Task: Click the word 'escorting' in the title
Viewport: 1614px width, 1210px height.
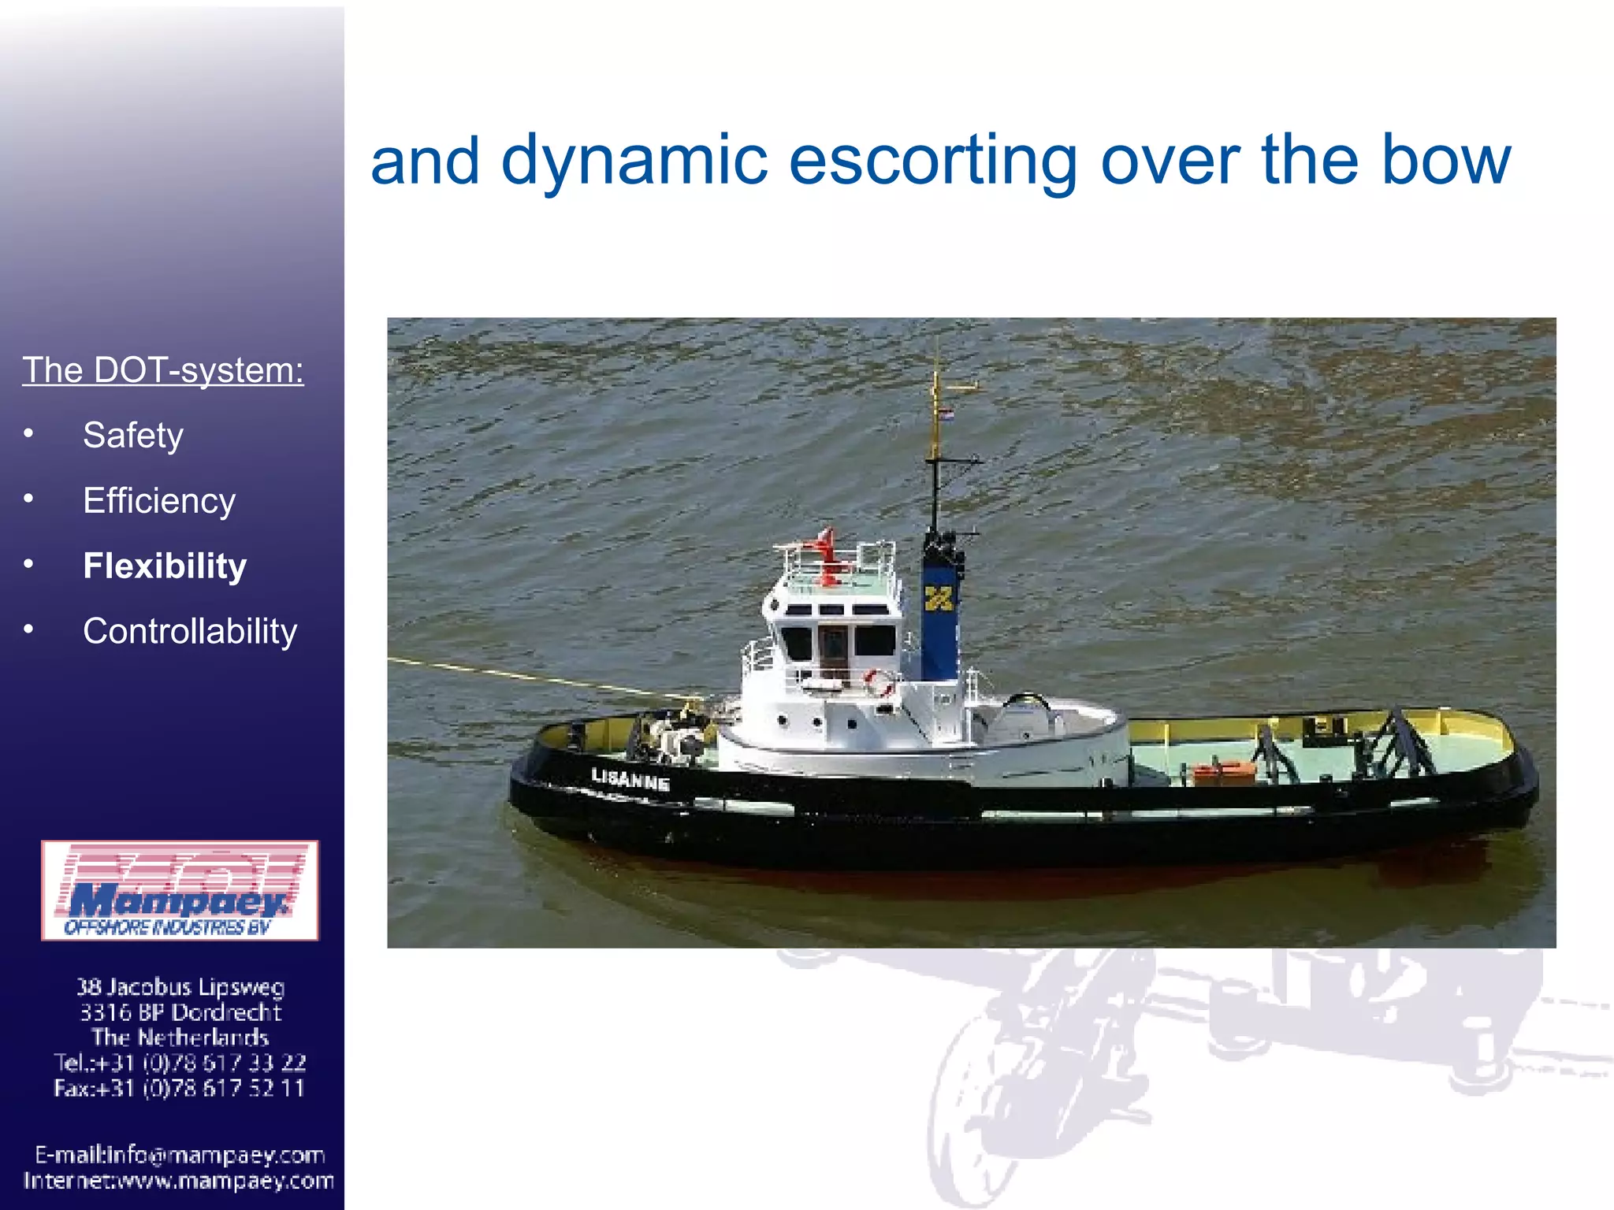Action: coord(932,161)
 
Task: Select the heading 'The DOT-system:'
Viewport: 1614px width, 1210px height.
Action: coord(163,369)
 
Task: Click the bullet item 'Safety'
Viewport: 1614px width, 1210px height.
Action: coord(133,435)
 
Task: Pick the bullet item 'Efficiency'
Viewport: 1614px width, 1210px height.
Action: coord(159,500)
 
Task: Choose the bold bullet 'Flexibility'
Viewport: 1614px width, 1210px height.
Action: coord(165,566)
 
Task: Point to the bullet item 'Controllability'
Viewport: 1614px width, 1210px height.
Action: coord(190,631)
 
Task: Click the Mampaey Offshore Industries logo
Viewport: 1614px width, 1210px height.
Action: coord(180,891)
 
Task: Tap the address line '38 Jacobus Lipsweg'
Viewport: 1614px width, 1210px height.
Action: coord(180,986)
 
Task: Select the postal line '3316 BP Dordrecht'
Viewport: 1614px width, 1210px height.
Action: coord(180,1011)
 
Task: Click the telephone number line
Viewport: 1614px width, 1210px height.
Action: coord(180,1063)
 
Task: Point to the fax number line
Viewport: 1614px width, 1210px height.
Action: coord(180,1088)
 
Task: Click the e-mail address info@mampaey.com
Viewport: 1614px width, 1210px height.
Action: coord(180,1155)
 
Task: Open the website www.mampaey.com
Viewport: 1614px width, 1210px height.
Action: coord(180,1181)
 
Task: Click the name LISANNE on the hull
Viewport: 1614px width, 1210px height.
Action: coord(630,780)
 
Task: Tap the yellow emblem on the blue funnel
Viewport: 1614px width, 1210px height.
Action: coord(939,599)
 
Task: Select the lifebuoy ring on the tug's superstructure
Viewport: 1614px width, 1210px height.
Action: coord(878,681)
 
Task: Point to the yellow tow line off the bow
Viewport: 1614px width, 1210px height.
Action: coord(536,676)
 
